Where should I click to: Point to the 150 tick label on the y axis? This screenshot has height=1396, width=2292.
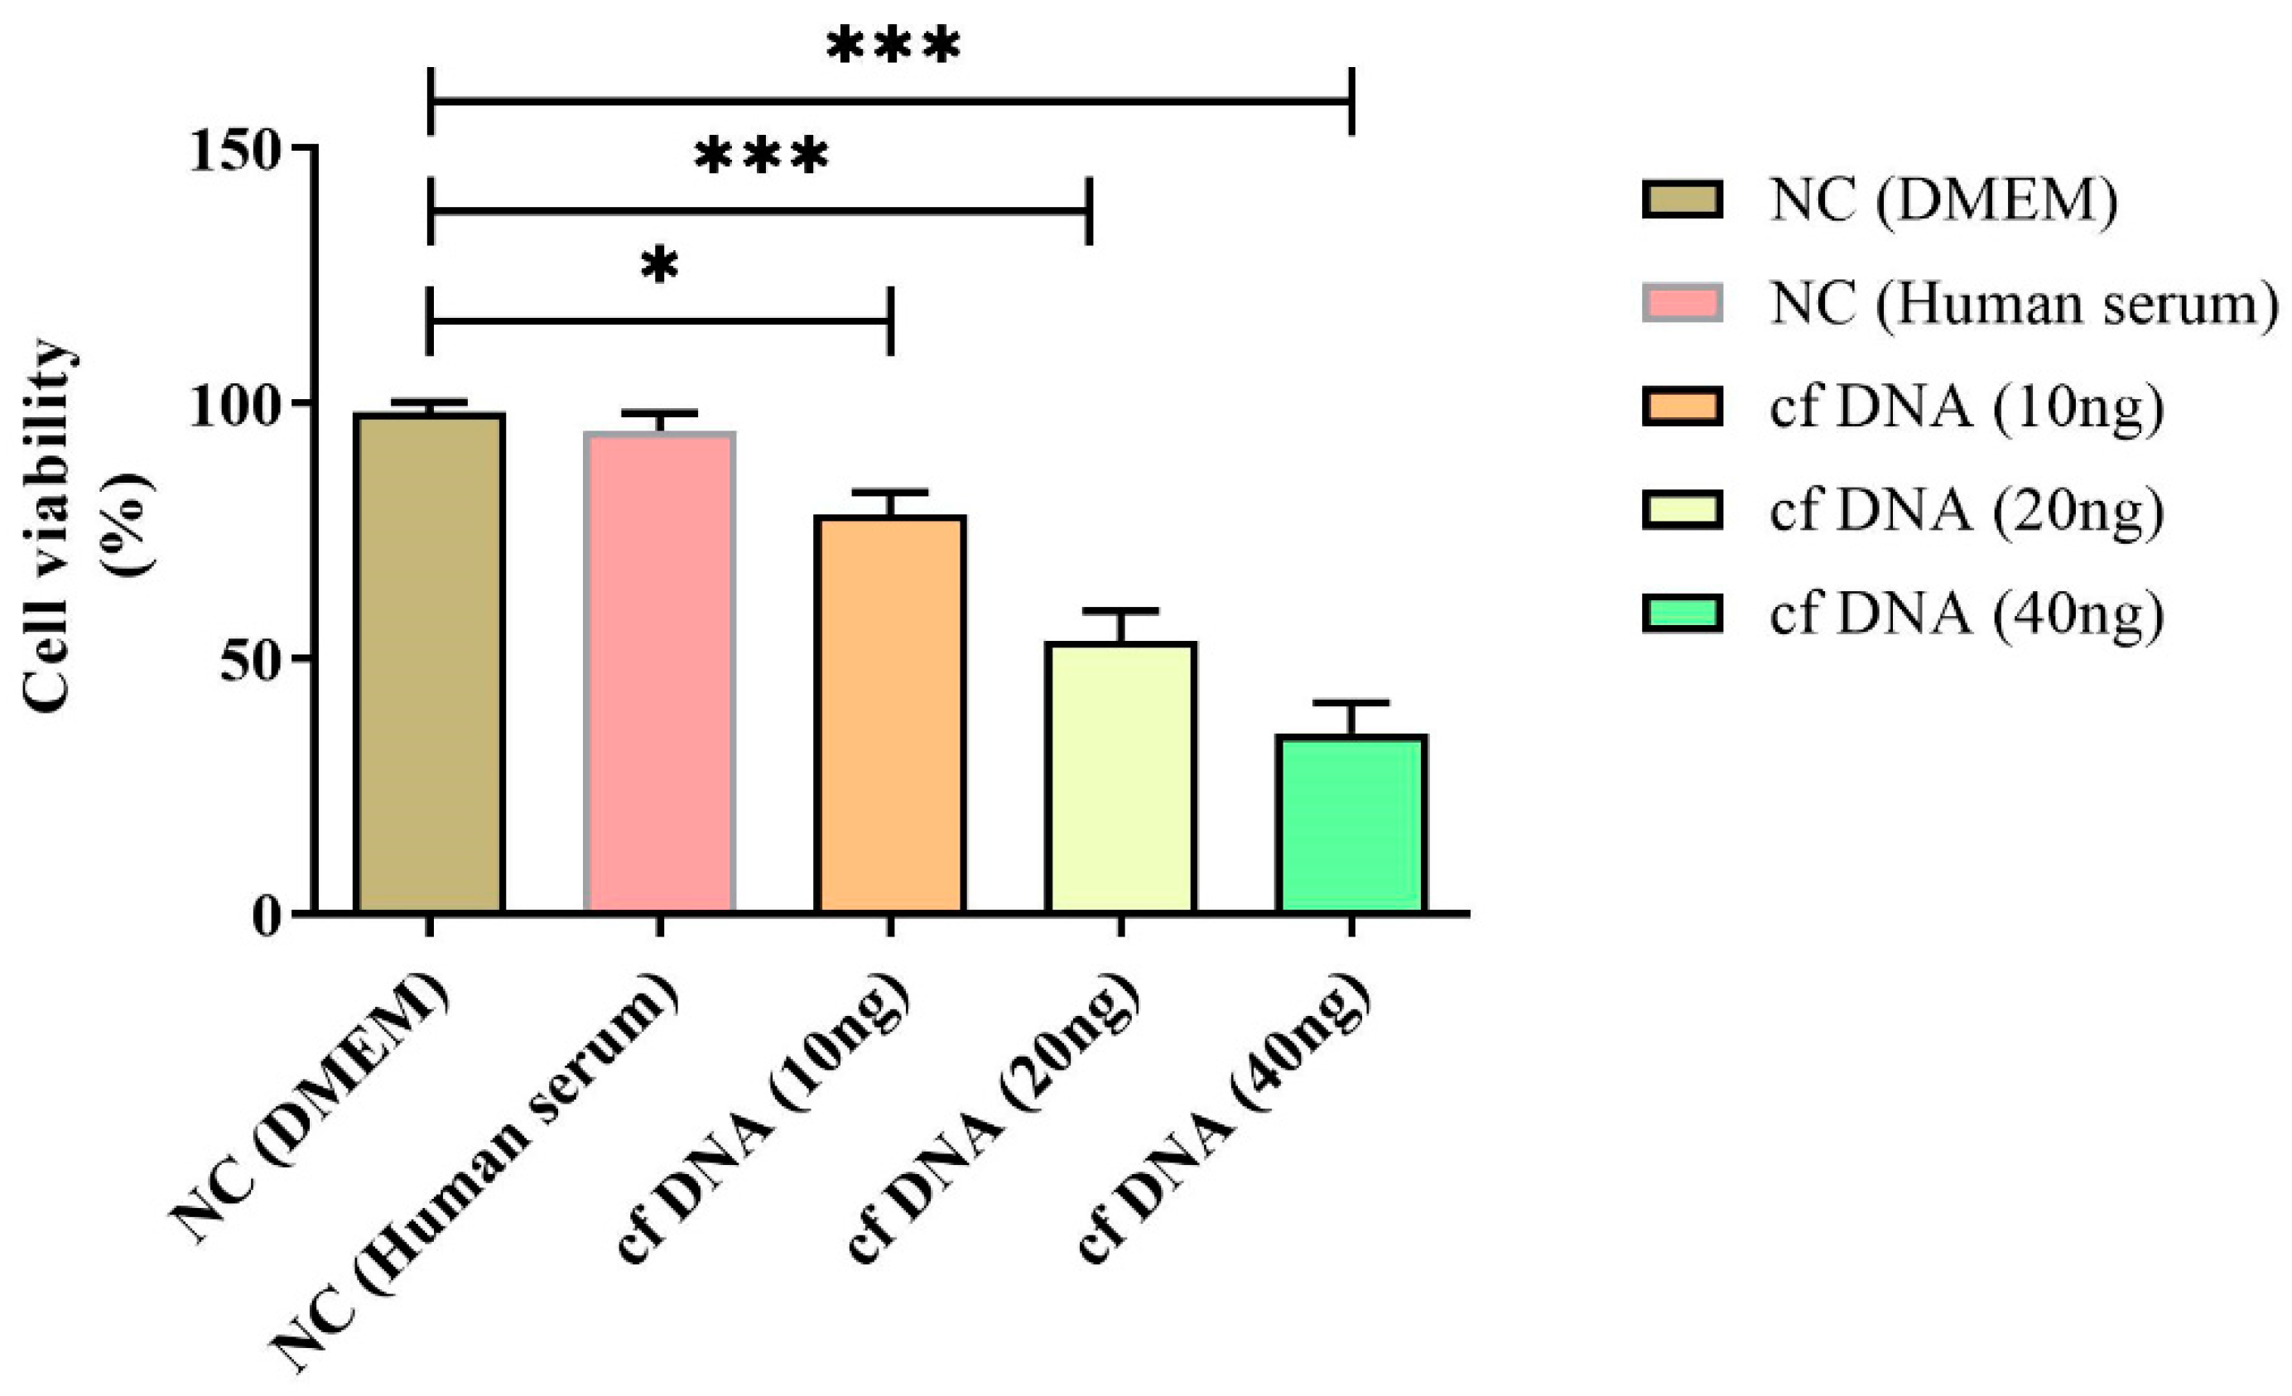click(x=234, y=152)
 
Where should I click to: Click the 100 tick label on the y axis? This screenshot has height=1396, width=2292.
click(x=234, y=407)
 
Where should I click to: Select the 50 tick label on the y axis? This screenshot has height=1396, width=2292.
click(x=250, y=662)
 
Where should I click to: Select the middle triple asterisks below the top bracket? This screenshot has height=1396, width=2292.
click(x=761, y=156)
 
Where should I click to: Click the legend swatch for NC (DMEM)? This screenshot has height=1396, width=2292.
click(x=1682, y=200)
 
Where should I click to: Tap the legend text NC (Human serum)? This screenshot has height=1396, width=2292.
click(x=2024, y=304)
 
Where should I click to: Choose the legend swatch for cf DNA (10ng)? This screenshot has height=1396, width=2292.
click(x=1682, y=407)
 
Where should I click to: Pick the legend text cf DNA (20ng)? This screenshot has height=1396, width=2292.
click(x=1967, y=511)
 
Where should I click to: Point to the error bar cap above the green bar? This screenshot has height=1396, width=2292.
click(x=1351, y=702)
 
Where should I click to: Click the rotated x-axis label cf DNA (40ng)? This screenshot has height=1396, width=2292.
click(x=1223, y=1121)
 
